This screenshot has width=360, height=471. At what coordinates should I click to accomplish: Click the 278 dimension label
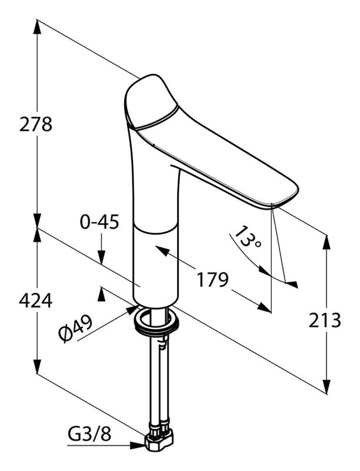pos(36,124)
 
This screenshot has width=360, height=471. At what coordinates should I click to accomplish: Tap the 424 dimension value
pos(36,300)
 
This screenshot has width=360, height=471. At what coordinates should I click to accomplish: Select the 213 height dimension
pos(325,320)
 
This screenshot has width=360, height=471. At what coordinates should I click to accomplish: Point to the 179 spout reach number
pos(212,280)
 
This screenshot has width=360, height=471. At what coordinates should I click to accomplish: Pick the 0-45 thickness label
pos(99,223)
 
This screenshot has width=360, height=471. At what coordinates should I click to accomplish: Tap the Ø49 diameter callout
pos(76,329)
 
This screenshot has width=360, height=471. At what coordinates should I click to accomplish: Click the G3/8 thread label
pos(89,434)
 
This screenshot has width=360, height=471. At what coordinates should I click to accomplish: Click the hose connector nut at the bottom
pos(159,440)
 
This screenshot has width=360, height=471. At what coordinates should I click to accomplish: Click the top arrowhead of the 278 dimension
pos(37,27)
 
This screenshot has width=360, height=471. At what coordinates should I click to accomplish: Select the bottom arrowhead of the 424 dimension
pos(37,366)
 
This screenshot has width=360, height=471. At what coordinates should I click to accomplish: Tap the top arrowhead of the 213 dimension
pos(326,243)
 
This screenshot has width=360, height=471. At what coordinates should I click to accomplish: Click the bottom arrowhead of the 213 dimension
pos(326,386)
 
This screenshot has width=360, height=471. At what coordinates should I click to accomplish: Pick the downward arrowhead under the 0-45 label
pos(101,257)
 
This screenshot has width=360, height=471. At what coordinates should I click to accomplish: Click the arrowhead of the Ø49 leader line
pos(132,310)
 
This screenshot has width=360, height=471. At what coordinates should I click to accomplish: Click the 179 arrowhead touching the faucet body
pos(162,251)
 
